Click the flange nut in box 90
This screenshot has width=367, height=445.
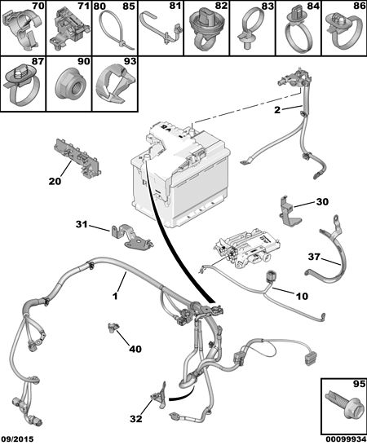(x=70, y=85)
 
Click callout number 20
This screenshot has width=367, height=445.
(x=55, y=181)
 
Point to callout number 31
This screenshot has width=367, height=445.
(x=82, y=224)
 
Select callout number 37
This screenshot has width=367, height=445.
(x=314, y=257)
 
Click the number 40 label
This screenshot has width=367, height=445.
(x=135, y=349)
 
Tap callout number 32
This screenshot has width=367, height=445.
(x=135, y=419)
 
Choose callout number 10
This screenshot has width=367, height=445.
(x=302, y=297)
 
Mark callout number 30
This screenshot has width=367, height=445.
(x=322, y=202)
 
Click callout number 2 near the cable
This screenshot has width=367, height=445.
(x=277, y=110)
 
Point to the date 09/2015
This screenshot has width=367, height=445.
(x=17, y=439)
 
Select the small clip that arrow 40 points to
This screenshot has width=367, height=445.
(x=114, y=327)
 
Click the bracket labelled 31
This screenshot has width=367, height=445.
(x=132, y=238)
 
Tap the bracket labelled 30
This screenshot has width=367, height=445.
(x=289, y=212)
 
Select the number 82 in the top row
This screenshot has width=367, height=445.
(x=222, y=6)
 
